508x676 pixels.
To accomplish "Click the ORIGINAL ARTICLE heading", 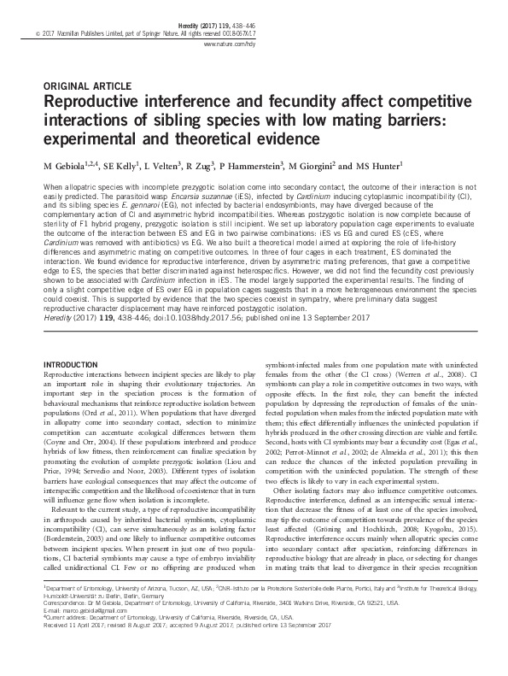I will pyautogui.click(x=86, y=85).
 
